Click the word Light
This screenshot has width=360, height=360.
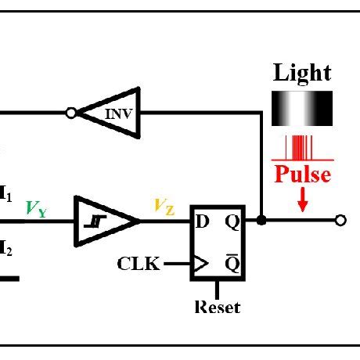click(x=302, y=74)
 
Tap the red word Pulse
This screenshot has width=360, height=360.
click(x=302, y=174)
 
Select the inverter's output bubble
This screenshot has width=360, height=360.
click(x=71, y=113)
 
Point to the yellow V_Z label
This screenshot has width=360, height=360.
click(x=164, y=207)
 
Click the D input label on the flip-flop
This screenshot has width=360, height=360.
click(x=203, y=221)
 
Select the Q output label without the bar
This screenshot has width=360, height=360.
click(x=233, y=221)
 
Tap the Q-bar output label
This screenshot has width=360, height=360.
click(x=233, y=263)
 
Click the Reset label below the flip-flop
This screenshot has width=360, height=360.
click(x=217, y=307)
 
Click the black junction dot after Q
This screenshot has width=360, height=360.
click(x=261, y=221)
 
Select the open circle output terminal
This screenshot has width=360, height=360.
click(x=340, y=221)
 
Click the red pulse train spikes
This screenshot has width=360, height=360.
click(x=302, y=147)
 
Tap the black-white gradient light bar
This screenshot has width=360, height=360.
click(x=302, y=109)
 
